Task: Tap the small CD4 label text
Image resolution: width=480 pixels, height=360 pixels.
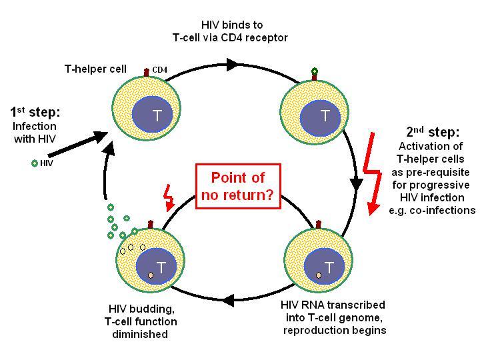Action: pyautogui.click(x=160, y=70)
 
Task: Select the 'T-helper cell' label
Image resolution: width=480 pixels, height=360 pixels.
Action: pyautogui.click(x=95, y=69)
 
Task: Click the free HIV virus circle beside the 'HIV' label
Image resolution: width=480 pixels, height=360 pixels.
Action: pyautogui.click(x=35, y=163)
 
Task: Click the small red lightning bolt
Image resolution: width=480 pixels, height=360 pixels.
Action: pyautogui.click(x=169, y=198)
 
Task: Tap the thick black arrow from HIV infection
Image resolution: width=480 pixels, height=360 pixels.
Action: pyautogui.click(x=78, y=144)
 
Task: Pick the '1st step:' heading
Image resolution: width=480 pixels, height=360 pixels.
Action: pyautogui.click(x=35, y=112)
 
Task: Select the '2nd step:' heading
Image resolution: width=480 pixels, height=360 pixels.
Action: pyautogui.click(x=433, y=131)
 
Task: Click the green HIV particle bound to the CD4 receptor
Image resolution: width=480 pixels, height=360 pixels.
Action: pyautogui.click(x=315, y=71)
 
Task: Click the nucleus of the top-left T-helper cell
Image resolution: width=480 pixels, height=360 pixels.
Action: pyautogui.click(x=152, y=114)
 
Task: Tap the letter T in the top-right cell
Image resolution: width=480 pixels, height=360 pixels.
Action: pyautogui.click(x=325, y=116)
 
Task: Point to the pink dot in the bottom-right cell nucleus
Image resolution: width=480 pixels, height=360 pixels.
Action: pyautogui.click(x=319, y=275)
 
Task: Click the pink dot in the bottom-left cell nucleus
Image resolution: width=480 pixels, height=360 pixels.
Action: pyautogui.click(x=150, y=275)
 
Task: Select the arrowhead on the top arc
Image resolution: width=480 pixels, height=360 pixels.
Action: pyautogui.click(x=233, y=65)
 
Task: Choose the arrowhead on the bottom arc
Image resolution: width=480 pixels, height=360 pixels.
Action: pyautogui.click(x=229, y=300)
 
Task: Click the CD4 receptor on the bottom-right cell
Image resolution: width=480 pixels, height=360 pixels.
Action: pyautogui.click(x=319, y=225)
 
